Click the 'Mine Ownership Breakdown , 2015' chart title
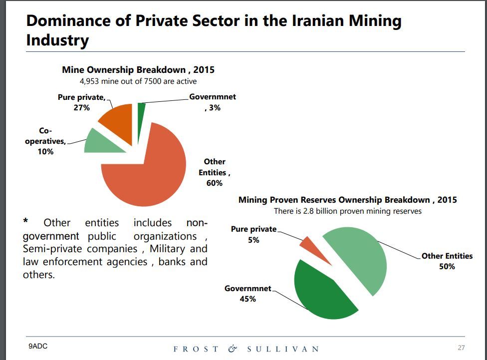click(138, 70)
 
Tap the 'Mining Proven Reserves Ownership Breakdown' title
click(347, 200)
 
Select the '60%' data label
click(214, 183)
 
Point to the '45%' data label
click(248, 299)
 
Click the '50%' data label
click(447, 267)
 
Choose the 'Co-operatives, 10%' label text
click(45, 141)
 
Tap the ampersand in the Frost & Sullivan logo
click(233, 349)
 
